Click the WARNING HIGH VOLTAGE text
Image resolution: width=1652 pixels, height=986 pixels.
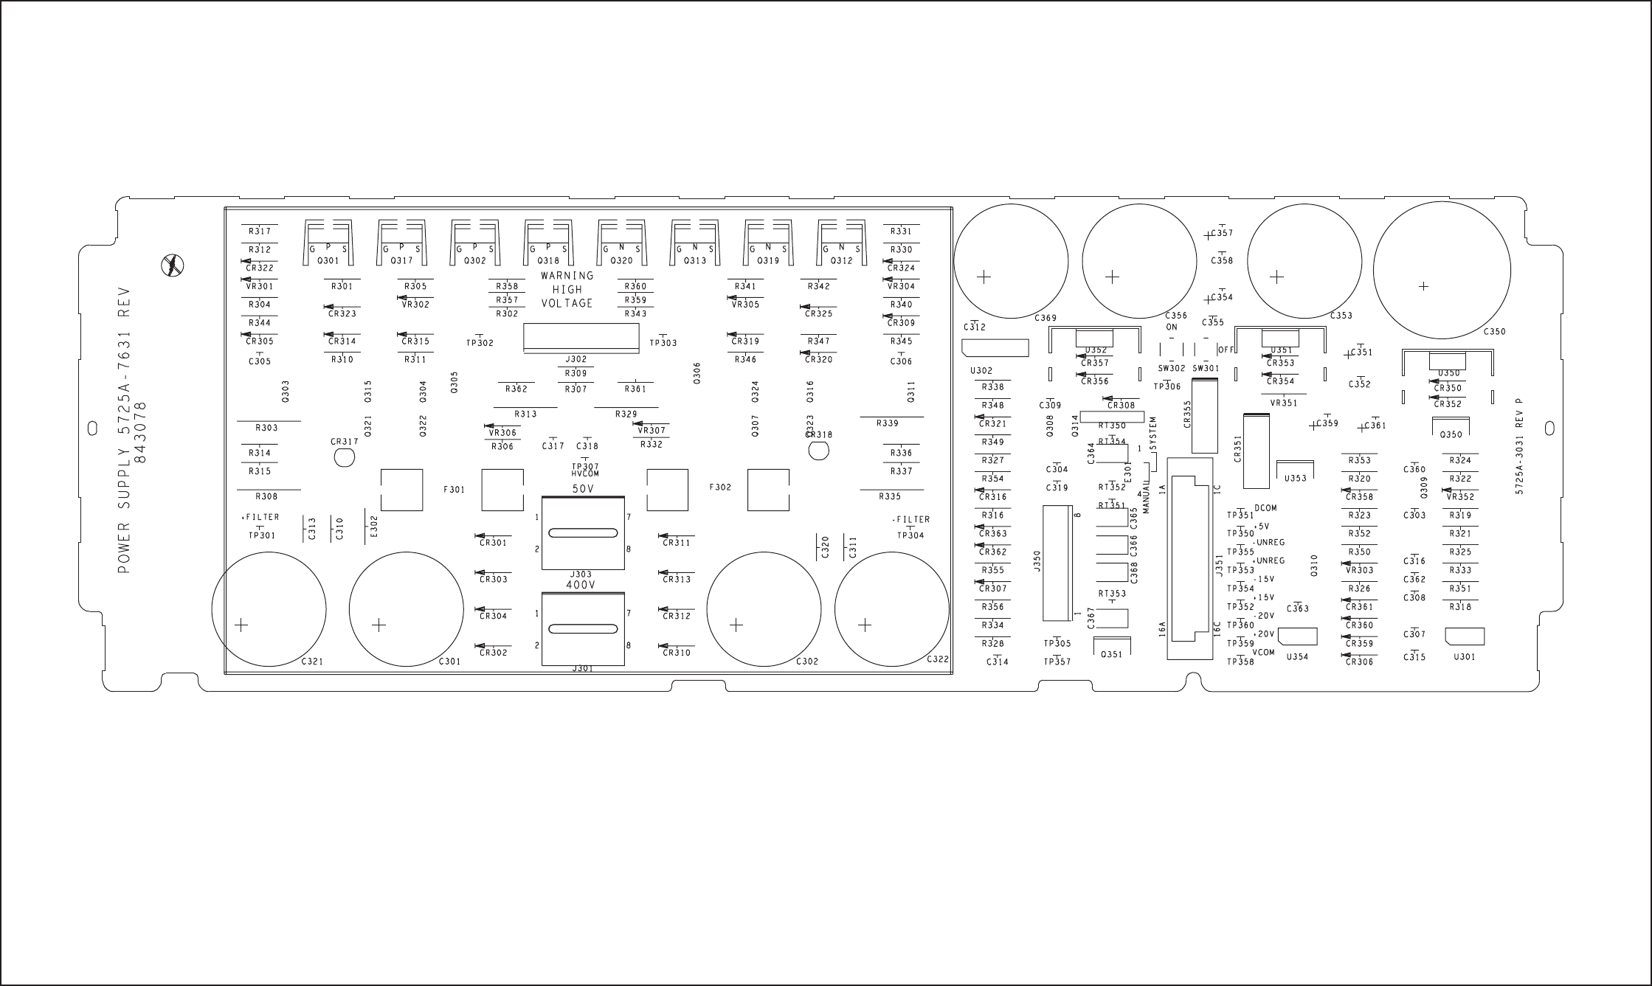pyautogui.click(x=567, y=289)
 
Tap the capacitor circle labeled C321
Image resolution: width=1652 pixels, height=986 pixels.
pyautogui.click(x=269, y=609)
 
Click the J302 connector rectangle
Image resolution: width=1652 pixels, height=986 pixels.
pyautogui.click(x=581, y=338)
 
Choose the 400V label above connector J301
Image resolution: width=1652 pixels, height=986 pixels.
pyautogui.click(x=581, y=585)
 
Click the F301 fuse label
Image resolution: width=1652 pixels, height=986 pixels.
pyautogui.click(x=454, y=488)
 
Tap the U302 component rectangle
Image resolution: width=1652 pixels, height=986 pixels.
pyautogui.click(x=995, y=347)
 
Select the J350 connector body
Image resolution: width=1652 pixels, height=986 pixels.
pyautogui.click(x=1057, y=563)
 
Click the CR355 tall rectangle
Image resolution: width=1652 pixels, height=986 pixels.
pyautogui.click(x=1204, y=415)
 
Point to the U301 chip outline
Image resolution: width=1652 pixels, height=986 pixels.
pyautogui.click(x=1465, y=636)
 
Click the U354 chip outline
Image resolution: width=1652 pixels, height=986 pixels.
pyautogui.click(x=1297, y=636)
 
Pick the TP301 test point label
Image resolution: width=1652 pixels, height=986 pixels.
pyautogui.click(x=261, y=535)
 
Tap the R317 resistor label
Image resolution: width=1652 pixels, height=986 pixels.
pyautogui.click(x=260, y=232)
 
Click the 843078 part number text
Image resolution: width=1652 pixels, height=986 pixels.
pyautogui.click(x=142, y=431)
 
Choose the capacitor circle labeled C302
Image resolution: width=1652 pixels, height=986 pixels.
pyautogui.click(x=764, y=609)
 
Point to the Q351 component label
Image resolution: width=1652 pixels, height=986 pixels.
pyautogui.click(x=1111, y=654)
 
